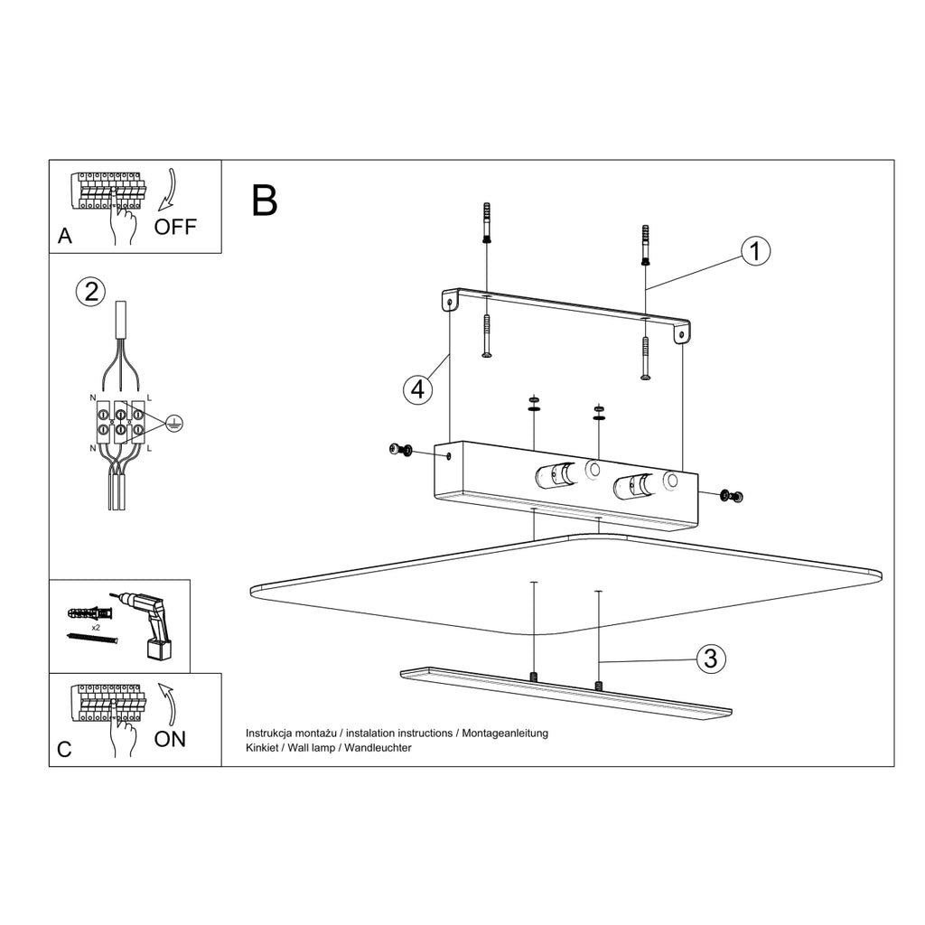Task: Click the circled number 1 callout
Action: pos(755,251)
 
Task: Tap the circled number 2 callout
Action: pos(91,292)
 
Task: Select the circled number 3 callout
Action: pos(710,659)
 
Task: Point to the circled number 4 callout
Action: pos(417,390)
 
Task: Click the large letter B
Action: pos(265,200)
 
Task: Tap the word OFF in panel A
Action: pos(174,227)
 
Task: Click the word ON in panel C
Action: pos(170,739)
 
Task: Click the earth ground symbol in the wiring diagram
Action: pos(174,423)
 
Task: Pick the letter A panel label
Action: pos(65,236)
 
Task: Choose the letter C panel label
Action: pos(64,749)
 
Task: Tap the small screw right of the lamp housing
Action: pos(732,496)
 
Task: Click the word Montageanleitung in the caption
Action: pos(505,733)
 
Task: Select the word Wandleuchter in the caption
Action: pos(378,747)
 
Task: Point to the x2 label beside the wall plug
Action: pos(95,628)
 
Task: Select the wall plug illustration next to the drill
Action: pos(89,612)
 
